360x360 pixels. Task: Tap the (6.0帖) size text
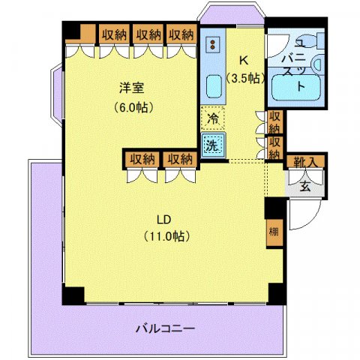134,106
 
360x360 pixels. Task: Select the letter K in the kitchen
244,61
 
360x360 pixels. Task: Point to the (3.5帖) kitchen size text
245,78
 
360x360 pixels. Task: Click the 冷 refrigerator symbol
213,118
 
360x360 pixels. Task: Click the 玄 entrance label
306,186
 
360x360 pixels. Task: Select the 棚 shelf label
274,232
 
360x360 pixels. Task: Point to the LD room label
165,219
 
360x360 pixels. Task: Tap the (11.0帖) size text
166,236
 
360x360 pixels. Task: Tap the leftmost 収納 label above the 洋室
115,34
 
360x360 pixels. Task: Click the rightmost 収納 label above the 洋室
181,34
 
